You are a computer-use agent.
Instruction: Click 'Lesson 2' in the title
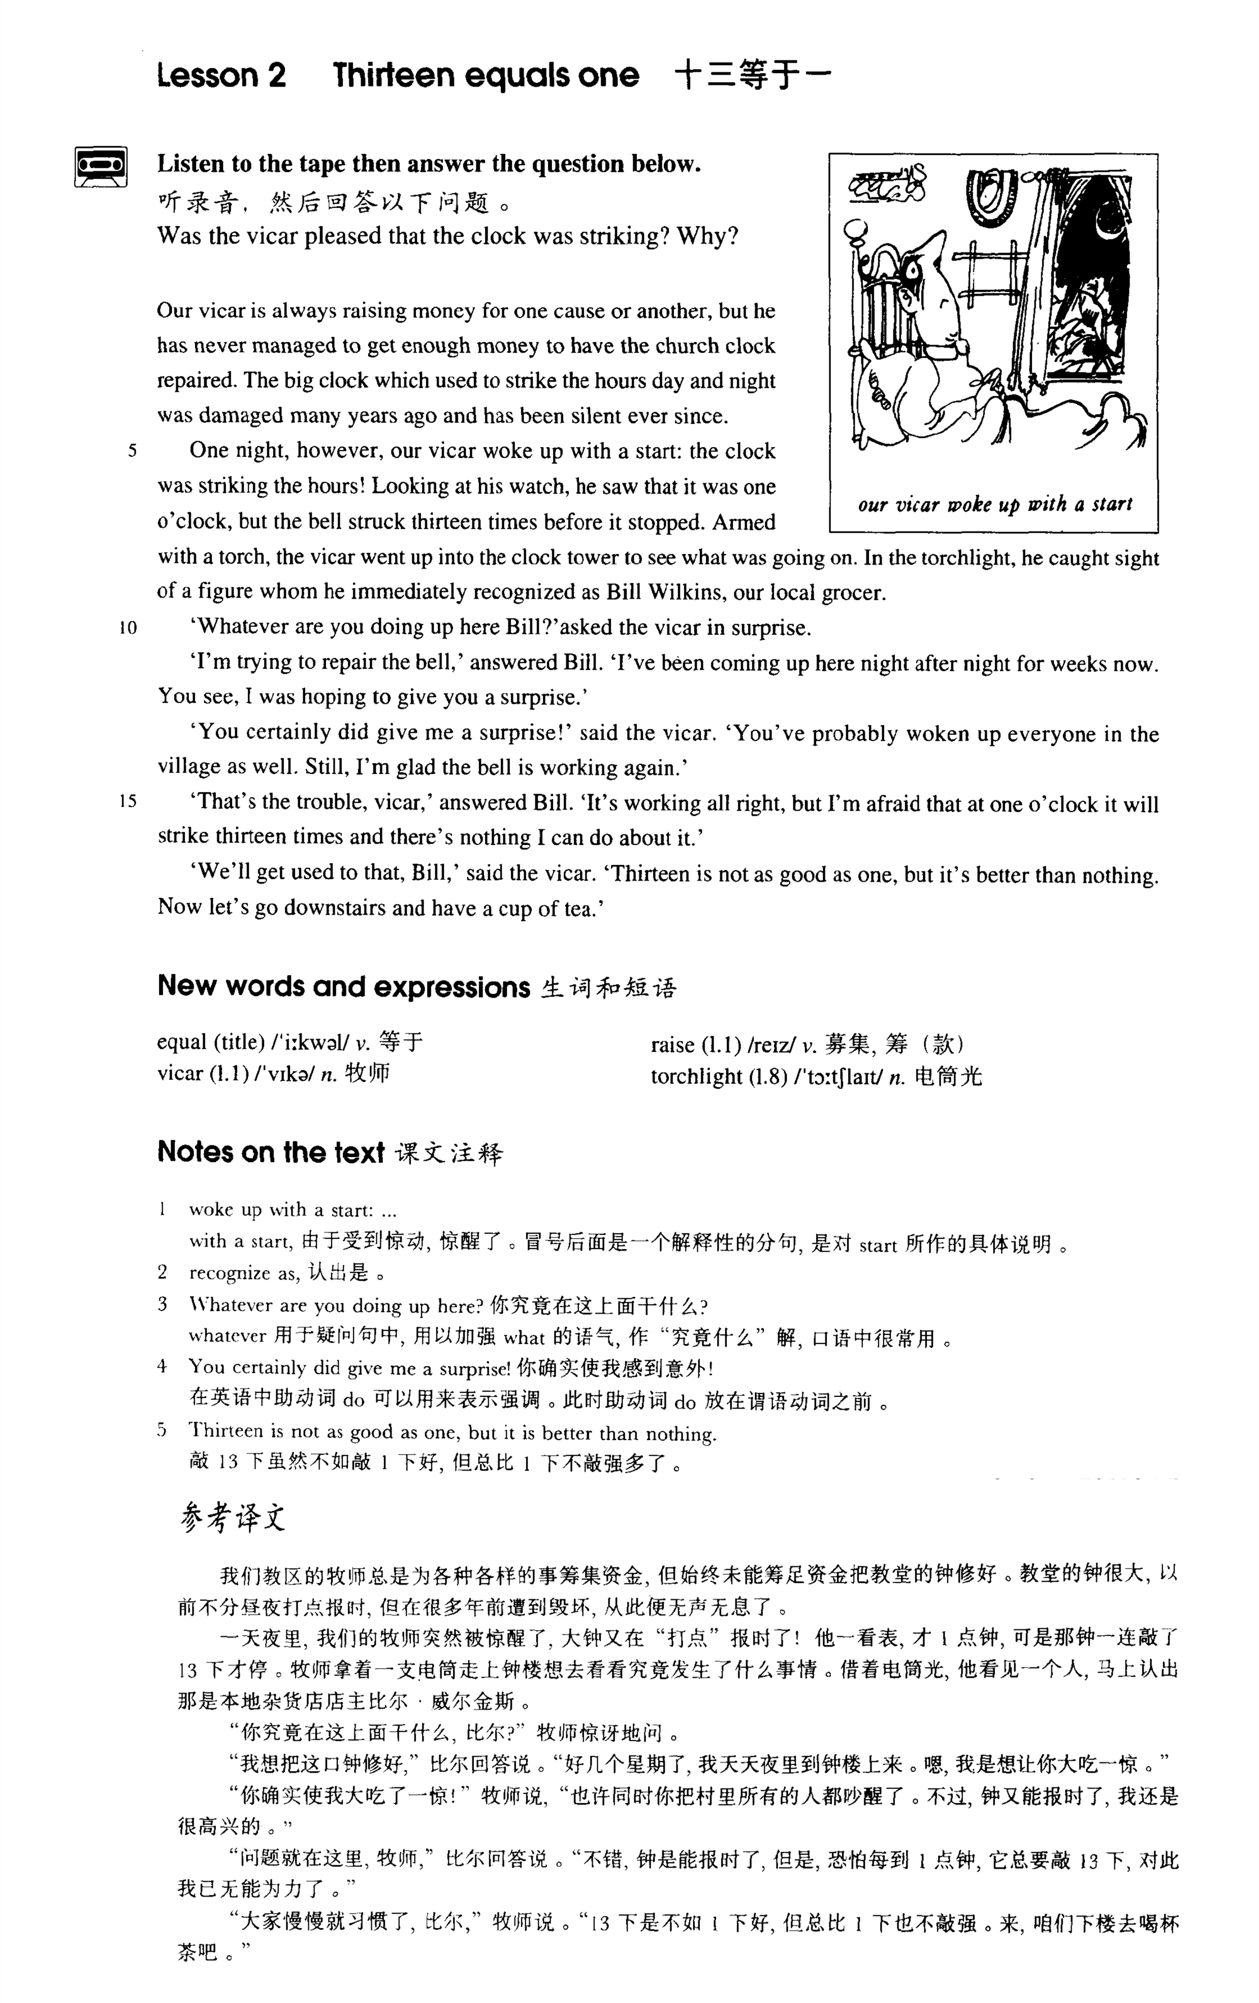[x=221, y=76]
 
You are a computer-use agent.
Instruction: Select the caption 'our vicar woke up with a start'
[x=994, y=504]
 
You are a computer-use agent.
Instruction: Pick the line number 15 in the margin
[x=128, y=802]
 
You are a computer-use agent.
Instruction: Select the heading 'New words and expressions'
[x=343, y=987]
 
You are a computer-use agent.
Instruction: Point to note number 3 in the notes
[x=163, y=1304]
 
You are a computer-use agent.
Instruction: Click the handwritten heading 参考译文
[x=233, y=1519]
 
